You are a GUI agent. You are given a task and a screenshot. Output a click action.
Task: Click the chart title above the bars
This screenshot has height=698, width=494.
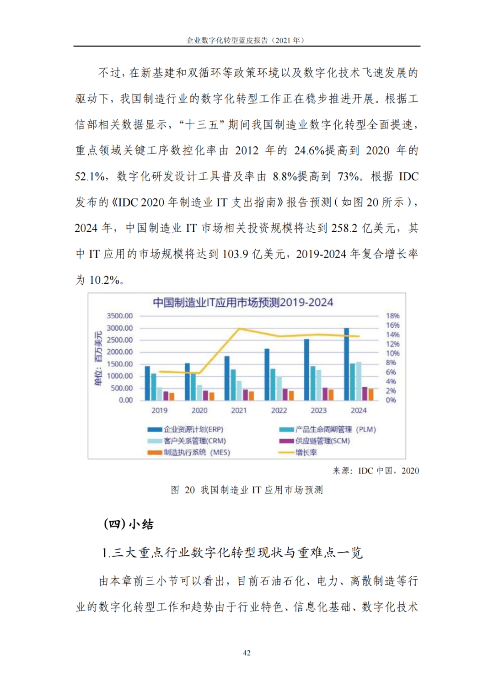click(243, 303)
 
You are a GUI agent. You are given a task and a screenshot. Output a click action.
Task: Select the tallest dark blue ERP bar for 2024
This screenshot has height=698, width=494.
click(347, 364)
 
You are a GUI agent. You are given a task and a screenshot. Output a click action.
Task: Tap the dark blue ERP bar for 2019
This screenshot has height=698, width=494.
click(147, 383)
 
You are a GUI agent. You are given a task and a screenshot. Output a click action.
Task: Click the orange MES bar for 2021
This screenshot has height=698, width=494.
click(252, 395)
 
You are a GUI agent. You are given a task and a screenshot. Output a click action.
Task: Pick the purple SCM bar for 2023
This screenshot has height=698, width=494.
click(325, 394)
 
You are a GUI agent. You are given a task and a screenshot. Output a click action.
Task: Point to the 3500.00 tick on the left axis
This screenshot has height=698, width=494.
click(119, 316)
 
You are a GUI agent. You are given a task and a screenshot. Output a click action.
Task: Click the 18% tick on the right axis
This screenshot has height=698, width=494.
click(392, 316)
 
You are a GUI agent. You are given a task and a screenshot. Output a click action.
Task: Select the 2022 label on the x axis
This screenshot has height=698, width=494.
click(279, 410)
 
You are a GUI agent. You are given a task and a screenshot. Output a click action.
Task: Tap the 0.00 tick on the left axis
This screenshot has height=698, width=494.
click(126, 400)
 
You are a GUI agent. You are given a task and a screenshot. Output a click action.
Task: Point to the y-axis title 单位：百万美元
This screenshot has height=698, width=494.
click(98, 358)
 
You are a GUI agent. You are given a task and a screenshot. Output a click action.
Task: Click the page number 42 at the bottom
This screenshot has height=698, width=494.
click(247, 653)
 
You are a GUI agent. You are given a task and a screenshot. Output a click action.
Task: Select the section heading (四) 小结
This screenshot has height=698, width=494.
click(129, 524)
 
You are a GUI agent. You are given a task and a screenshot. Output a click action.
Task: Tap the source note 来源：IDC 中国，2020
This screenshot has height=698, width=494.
click(376, 471)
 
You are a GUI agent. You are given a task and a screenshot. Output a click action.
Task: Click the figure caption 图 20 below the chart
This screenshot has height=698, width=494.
click(247, 490)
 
